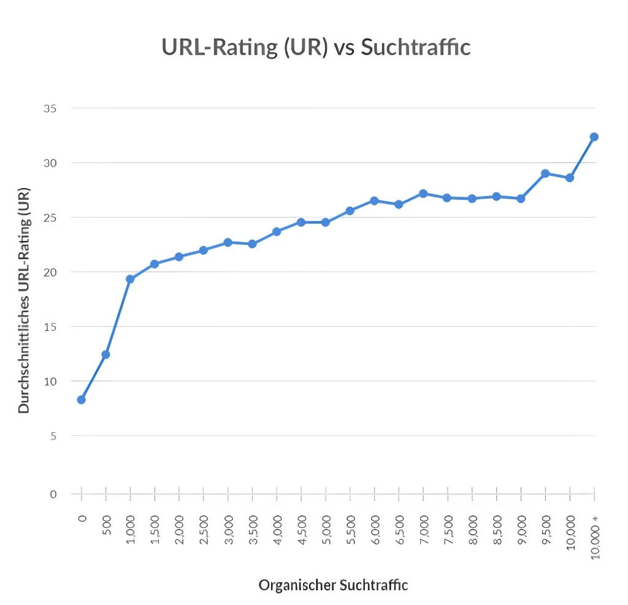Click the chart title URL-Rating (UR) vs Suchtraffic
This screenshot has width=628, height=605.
316,47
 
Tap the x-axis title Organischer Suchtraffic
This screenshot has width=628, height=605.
333,585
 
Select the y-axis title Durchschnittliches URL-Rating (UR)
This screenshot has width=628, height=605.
25,299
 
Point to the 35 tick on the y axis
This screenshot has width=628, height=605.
50,108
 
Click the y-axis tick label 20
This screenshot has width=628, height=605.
50,272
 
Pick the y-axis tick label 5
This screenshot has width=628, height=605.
53,436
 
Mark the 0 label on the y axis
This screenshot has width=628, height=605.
53,494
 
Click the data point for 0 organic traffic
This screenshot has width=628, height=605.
81,400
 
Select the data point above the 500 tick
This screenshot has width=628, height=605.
105,354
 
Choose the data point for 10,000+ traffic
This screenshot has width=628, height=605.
594,137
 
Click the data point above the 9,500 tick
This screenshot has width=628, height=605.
545,173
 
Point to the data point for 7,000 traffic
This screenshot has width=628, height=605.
423,194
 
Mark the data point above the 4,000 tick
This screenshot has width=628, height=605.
277,232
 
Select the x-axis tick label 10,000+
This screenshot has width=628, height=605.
594,536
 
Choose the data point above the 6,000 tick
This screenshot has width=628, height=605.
374,200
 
